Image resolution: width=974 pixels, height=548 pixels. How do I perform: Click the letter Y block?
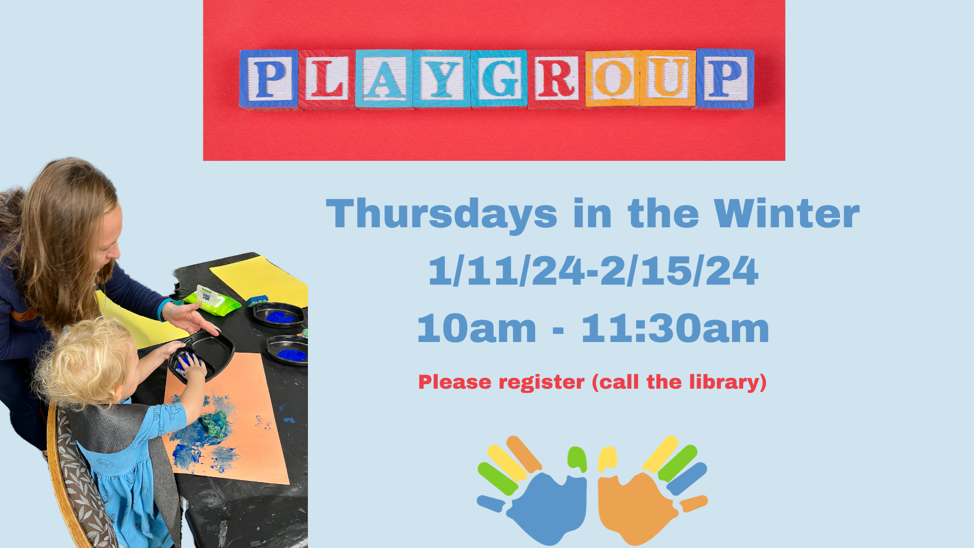[442, 79]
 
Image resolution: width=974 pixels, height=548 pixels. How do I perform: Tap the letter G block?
[499, 79]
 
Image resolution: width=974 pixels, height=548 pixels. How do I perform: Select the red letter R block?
[556, 79]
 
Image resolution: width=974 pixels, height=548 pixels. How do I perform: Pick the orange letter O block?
[613, 79]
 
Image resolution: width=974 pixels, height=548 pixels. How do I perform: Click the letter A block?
[384, 79]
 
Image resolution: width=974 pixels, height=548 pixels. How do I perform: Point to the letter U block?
[668, 78]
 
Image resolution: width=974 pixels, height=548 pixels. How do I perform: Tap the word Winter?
[787, 214]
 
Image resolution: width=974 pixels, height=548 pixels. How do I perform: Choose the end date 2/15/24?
[679, 271]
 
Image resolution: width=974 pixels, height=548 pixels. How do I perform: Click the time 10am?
[477, 328]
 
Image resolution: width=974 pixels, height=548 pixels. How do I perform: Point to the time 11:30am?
[675, 328]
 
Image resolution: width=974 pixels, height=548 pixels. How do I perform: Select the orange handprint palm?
[637, 507]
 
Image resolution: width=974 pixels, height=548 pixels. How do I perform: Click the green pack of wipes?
[212, 301]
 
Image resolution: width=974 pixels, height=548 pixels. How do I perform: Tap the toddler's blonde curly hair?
[86, 360]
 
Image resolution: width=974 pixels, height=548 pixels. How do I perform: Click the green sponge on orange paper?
[215, 424]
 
